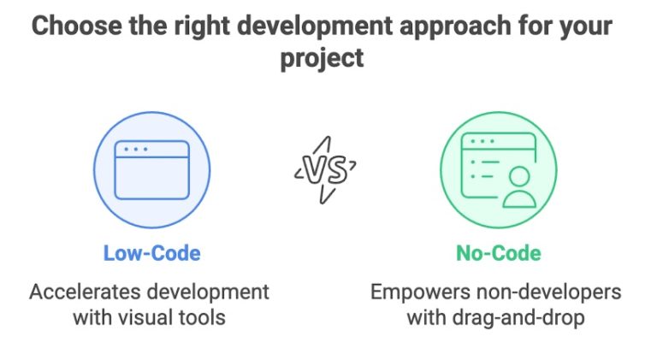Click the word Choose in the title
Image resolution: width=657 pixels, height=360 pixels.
tap(70, 25)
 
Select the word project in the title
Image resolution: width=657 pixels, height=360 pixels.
tap(323, 58)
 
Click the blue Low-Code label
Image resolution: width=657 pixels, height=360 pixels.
tap(152, 253)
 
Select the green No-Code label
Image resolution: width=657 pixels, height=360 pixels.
tap(498, 253)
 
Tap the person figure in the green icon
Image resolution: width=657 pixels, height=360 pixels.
tap(518, 186)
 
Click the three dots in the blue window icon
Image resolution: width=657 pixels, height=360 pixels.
tap(135, 150)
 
